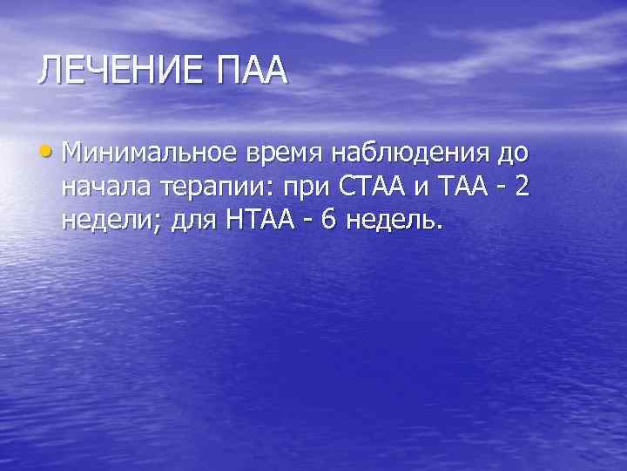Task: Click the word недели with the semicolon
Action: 111,221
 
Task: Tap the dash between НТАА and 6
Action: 305,221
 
